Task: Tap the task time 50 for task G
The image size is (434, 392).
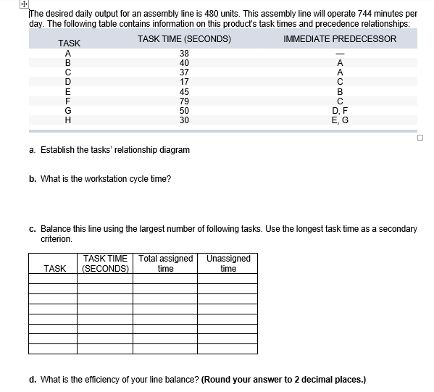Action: pyautogui.click(x=184, y=110)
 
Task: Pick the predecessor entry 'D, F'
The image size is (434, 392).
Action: pyautogui.click(x=340, y=110)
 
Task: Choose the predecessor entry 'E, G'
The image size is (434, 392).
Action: pyautogui.click(x=340, y=120)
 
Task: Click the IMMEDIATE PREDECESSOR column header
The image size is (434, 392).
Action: pyautogui.click(x=340, y=39)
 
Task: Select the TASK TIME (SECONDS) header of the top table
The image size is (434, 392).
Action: pyautogui.click(x=184, y=39)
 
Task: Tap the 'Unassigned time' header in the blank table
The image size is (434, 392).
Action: pyautogui.click(x=228, y=263)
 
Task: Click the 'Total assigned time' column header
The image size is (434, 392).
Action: pyautogui.click(x=166, y=263)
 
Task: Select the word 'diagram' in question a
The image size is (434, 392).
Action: pyautogui.click(x=175, y=150)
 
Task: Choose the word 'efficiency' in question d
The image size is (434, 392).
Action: pyautogui.click(x=101, y=378)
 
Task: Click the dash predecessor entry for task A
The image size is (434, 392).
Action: pyautogui.click(x=340, y=54)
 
